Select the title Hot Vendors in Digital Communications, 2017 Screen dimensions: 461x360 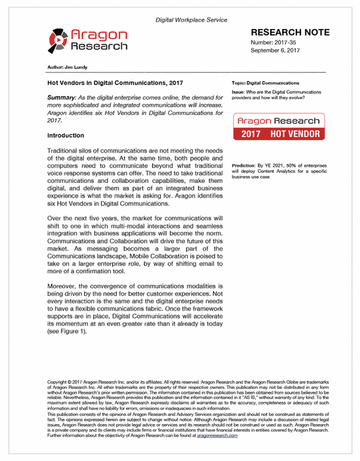(x=110, y=83)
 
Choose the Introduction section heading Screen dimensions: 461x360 (x=66, y=135)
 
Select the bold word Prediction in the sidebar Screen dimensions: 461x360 (x=246, y=165)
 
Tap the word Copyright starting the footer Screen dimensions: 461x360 (x=58, y=382)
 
